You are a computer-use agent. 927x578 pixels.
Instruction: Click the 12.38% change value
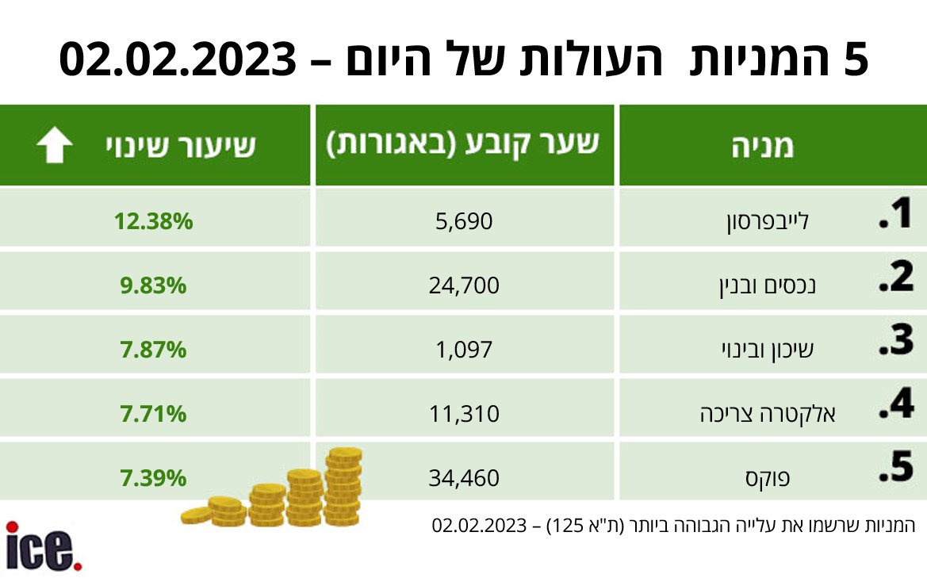pos(153,222)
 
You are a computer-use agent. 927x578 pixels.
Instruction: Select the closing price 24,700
pos(464,285)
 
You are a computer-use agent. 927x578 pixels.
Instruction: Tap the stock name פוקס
pos(768,477)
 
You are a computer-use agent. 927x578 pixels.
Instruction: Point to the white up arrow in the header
pos(55,145)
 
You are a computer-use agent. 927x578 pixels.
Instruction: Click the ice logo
pos(44,546)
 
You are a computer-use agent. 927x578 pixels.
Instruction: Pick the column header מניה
pos(763,146)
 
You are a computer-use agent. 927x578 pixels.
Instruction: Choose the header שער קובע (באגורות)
pos(463,145)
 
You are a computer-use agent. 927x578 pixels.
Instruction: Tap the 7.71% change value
pos(153,414)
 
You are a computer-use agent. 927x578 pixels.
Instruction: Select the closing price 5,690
pos(464,222)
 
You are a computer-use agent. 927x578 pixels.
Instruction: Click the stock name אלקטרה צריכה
pos(768,414)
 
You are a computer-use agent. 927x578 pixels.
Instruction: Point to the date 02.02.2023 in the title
pos(178,59)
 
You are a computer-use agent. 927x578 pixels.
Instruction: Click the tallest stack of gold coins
pos(343,486)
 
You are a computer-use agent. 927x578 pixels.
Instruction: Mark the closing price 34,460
pos(464,477)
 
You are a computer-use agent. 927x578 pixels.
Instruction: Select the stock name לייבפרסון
pos(768,222)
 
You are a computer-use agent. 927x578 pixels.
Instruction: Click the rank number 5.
pos(897,467)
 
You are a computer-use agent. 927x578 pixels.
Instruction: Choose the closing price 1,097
pos(464,350)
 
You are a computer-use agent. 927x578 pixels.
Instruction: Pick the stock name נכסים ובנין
pos(768,286)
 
